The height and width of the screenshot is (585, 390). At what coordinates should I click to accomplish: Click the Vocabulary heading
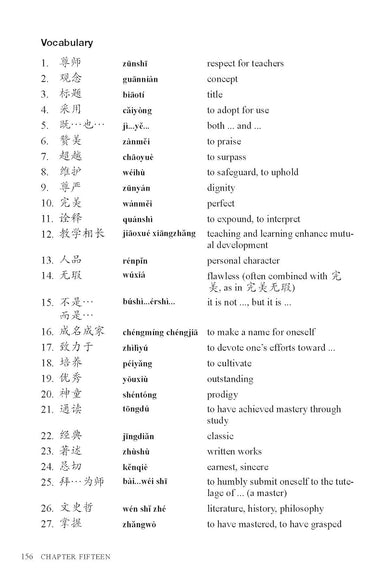point(67,43)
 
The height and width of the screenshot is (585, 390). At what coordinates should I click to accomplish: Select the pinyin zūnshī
point(135,63)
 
